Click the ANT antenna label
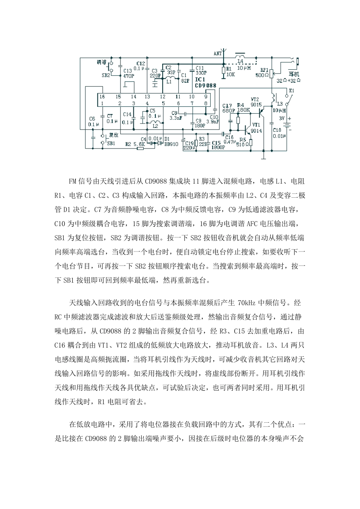218,54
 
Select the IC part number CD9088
205,86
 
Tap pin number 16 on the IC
102,97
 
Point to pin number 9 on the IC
205,97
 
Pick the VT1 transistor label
256,125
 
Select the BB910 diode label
171,144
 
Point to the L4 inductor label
240,61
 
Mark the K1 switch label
291,91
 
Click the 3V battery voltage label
281,118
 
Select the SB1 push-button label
111,144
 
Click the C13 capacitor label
128,70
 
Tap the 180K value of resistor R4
243,110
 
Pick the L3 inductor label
280,104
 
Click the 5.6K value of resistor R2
140,144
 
